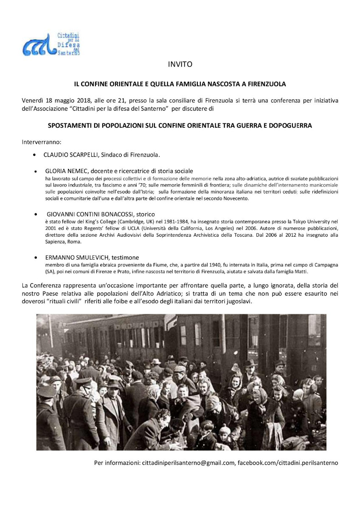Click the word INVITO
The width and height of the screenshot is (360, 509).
180,65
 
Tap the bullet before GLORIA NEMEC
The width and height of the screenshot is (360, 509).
36,171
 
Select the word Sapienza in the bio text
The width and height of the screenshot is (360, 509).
54,241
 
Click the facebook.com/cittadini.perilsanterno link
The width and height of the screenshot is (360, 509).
288,463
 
